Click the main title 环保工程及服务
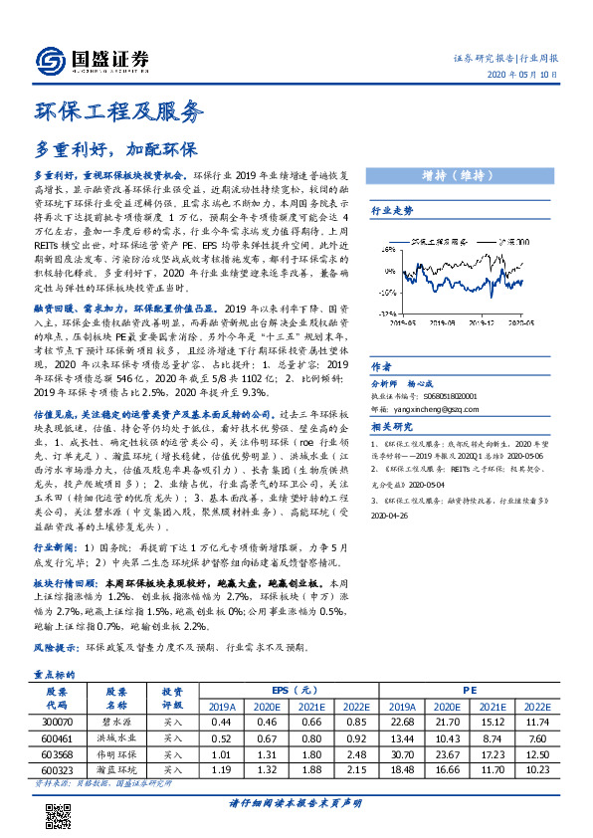click(118, 109)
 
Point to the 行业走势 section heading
click(392, 211)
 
